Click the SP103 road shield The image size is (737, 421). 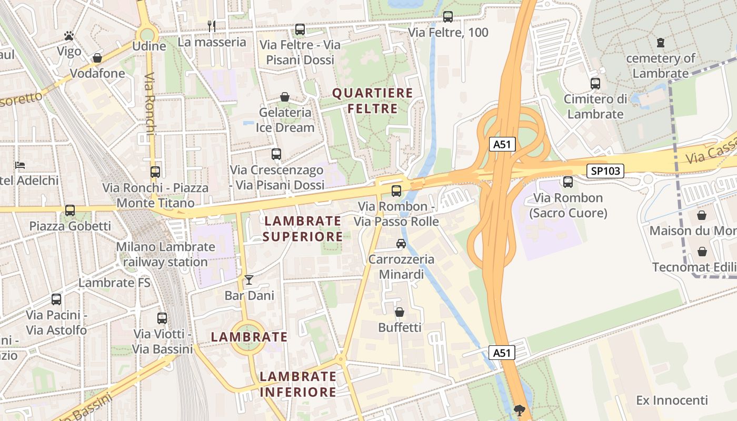pos(605,171)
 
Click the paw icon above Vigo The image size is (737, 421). pos(69,36)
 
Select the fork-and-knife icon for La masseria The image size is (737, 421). pos(212,26)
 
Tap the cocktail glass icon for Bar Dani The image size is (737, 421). pos(249,280)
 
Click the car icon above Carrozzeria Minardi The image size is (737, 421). pos(401,244)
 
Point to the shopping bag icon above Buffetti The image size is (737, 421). pos(400,312)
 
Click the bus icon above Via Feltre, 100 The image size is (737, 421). pos(448,17)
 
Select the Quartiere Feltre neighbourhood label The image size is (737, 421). pos(372,101)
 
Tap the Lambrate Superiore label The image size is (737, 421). pos(303,228)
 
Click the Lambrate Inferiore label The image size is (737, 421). pos(298,384)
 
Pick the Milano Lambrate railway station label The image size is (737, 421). pos(165,254)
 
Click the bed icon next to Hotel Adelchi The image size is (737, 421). pos(20,165)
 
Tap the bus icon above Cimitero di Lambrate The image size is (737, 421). pos(595,84)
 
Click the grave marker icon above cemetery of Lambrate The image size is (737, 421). pos(661,43)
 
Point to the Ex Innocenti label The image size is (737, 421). pos(672,400)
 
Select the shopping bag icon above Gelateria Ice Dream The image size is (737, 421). pos(285,97)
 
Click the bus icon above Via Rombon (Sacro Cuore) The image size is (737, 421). pos(568,182)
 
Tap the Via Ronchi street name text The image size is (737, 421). pos(149,104)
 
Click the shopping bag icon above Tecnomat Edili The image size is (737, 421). pos(702,252)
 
